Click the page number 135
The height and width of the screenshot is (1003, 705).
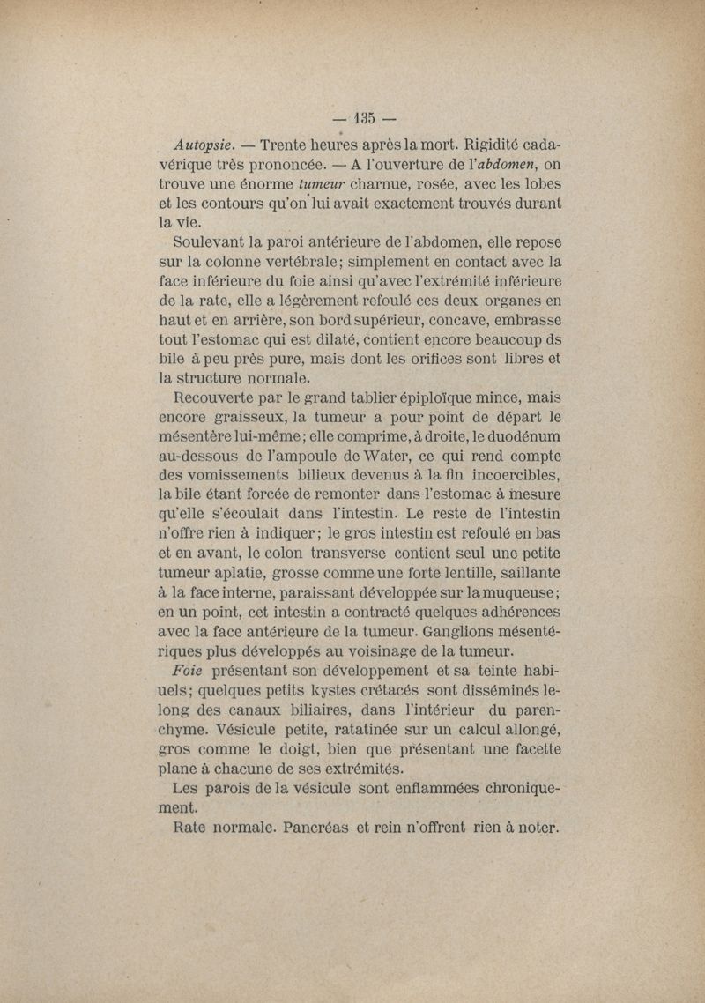pos(366,117)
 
